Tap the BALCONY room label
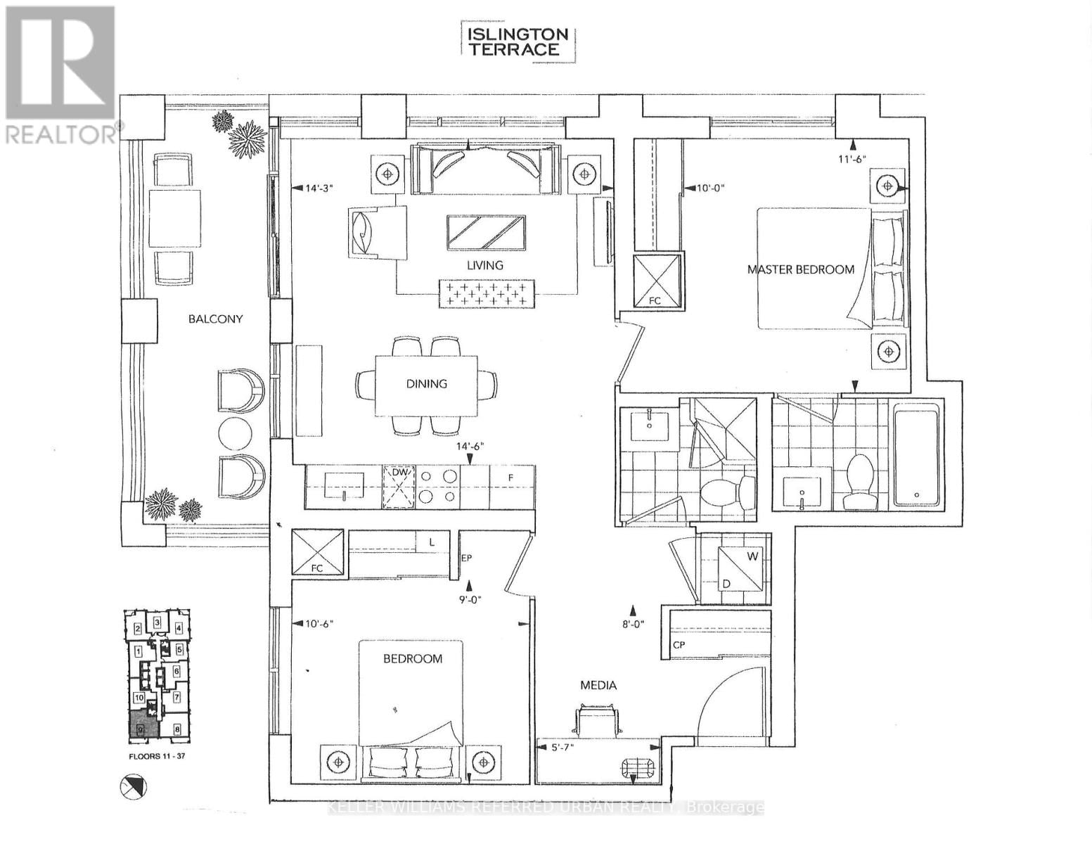click(215, 319)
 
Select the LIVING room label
click(485, 265)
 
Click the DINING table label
click(426, 383)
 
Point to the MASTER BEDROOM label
click(800, 269)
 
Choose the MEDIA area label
click(598, 685)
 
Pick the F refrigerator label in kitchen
click(511, 478)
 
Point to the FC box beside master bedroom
click(657, 281)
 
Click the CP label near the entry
click(679, 644)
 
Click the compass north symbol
click(132, 786)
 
